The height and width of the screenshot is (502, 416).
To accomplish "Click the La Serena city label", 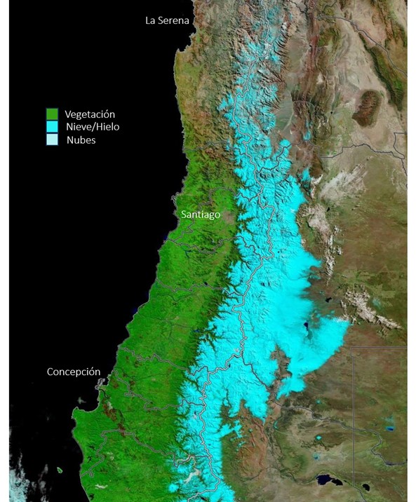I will click(x=167, y=20).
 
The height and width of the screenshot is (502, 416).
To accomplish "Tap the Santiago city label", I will click(x=200, y=215).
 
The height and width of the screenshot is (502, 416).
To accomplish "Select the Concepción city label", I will click(x=74, y=372).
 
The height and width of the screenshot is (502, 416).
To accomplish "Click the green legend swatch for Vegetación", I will click(x=52, y=114).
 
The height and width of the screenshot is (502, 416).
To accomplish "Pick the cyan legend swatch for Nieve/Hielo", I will click(x=52, y=127).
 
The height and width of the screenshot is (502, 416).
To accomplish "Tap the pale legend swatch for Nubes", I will click(x=52, y=140).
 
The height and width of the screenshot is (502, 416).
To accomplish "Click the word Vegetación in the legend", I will click(x=90, y=114).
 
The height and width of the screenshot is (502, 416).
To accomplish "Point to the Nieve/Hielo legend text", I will click(x=92, y=127).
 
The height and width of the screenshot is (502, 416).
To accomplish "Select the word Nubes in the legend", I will click(x=81, y=140).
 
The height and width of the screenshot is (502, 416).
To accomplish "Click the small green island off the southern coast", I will click(x=60, y=470).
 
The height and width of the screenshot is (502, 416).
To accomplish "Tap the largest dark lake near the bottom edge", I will click(x=327, y=480).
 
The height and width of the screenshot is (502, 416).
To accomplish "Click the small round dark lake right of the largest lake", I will click(x=365, y=486).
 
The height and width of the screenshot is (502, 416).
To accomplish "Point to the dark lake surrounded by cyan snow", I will click(x=307, y=327).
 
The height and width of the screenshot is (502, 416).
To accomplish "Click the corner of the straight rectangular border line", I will click(x=351, y=346).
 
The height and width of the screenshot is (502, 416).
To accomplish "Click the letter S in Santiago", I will click(x=184, y=215).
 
